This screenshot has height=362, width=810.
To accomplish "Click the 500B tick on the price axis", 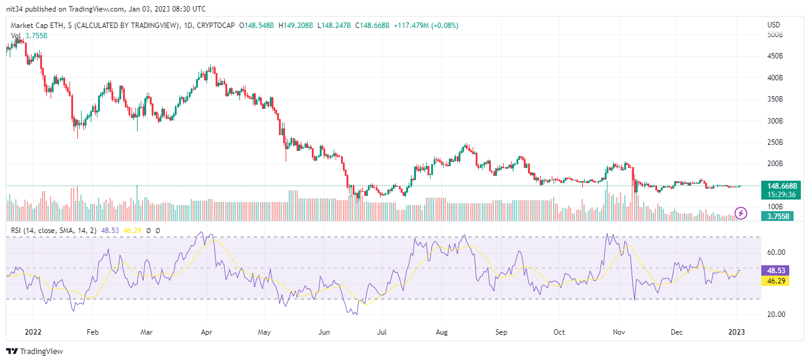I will tap(774, 35).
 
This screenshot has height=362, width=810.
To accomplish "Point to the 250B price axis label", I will tap(774, 142).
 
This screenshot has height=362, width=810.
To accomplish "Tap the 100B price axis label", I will tap(774, 207).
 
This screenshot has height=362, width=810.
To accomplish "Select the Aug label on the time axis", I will tap(442, 333).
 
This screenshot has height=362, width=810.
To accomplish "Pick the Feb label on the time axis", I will tap(92, 333).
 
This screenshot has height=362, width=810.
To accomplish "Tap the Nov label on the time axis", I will tap(619, 333).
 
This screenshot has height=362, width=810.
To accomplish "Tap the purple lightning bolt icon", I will tap(741, 213).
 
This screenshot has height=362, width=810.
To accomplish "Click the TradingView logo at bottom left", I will tap(34, 351).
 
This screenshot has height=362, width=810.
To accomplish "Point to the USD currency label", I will tap(773, 25).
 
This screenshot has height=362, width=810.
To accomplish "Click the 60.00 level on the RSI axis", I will tap(775, 252).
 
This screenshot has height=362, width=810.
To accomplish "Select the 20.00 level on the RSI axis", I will tap(775, 315).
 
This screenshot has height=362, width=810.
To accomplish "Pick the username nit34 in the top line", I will tap(15, 9).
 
